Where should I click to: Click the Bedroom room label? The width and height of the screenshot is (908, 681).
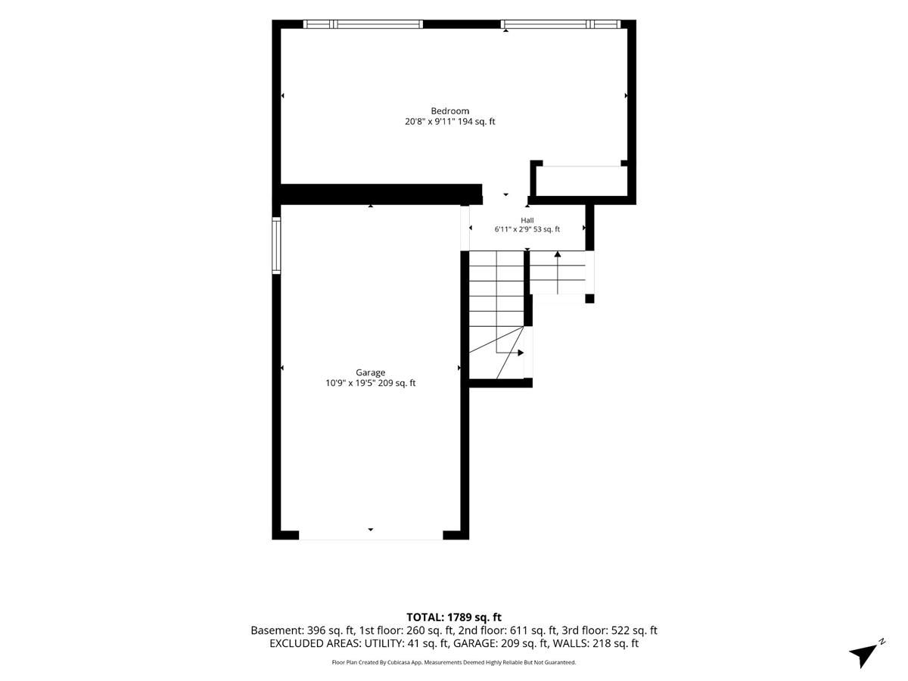(x=449, y=110)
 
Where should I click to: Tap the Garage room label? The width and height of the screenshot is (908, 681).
(x=370, y=372)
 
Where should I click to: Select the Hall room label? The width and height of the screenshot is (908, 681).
(x=527, y=220)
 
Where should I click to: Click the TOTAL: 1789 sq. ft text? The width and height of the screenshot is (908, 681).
(x=454, y=617)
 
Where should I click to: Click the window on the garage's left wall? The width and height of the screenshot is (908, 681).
(x=276, y=245)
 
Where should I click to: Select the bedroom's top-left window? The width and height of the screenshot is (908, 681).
(x=362, y=24)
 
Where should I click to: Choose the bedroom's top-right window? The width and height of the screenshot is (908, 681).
(x=561, y=24)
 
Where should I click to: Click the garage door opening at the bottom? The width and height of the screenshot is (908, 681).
(x=371, y=535)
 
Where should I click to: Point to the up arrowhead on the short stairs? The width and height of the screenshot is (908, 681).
(x=558, y=254)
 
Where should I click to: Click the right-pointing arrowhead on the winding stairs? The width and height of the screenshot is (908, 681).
(x=521, y=353)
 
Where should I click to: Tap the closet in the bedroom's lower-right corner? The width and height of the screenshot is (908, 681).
(x=582, y=181)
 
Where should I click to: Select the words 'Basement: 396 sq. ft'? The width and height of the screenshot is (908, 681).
(x=303, y=630)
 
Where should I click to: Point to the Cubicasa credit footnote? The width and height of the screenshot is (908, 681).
(x=454, y=662)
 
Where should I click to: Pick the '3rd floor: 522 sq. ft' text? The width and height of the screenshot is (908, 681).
(x=609, y=630)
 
